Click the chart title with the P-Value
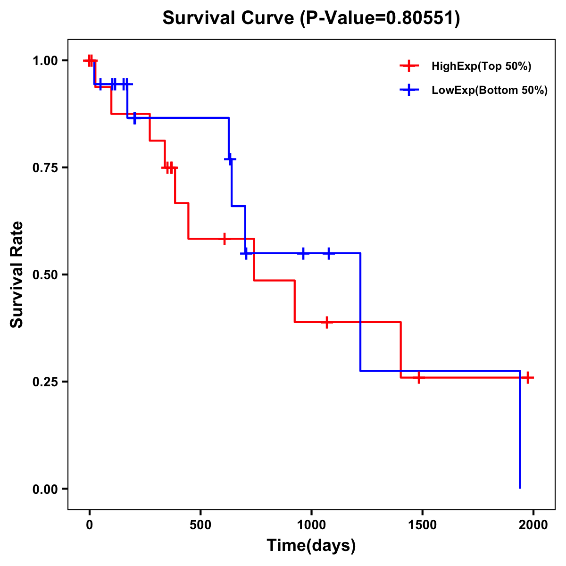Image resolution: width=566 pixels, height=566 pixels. [x=311, y=18]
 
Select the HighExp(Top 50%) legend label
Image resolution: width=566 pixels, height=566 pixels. [x=481, y=67]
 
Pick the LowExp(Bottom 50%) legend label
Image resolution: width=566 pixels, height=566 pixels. [x=490, y=91]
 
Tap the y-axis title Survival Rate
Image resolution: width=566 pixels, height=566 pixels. [x=17, y=275]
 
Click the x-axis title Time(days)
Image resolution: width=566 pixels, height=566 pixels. [x=311, y=546]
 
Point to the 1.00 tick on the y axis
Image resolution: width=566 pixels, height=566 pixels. [x=45, y=61]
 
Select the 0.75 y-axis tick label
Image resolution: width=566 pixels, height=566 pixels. [x=45, y=168]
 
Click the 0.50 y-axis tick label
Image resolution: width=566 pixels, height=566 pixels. [x=45, y=275]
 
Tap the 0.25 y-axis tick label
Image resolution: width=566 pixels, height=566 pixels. [x=45, y=382]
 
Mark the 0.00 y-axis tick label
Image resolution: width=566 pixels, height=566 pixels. [x=45, y=489]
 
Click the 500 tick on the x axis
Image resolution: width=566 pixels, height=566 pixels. [x=200, y=525]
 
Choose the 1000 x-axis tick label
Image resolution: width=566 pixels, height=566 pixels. [x=311, y=525]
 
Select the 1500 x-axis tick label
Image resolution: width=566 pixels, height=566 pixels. [x=422, y=525]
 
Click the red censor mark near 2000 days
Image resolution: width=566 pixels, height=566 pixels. [x=528, y=377]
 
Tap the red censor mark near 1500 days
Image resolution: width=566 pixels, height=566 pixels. [x=418, y=377]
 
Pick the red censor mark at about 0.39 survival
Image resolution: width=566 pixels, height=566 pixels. [x=326, y=322]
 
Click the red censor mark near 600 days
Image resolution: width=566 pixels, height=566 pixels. [x=225, y=239]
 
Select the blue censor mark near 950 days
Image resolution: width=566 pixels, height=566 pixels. [x=303, y=253]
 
